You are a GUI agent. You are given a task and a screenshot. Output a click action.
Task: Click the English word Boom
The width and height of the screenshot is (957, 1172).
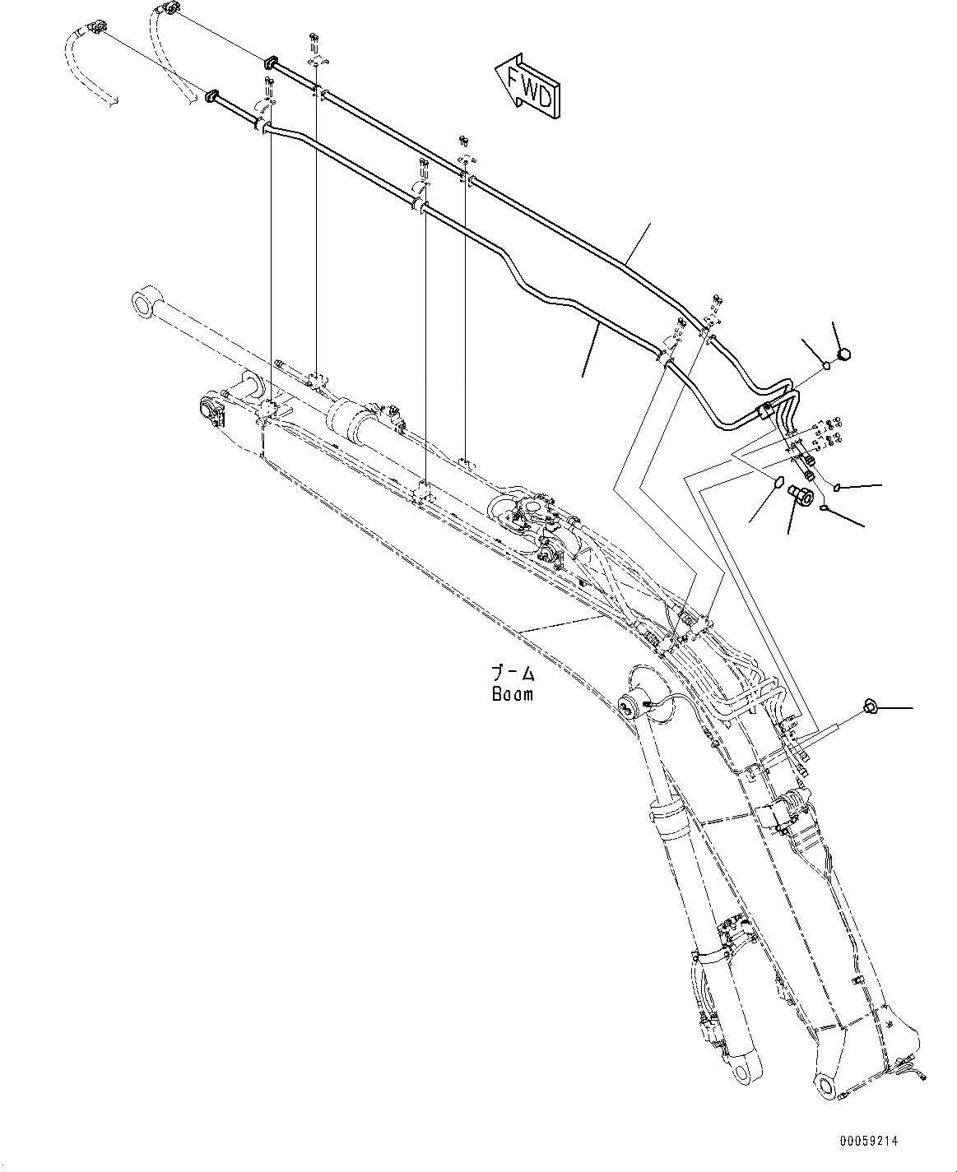[512, 693]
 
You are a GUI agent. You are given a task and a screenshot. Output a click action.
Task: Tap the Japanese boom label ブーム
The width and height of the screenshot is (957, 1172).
[512, 674]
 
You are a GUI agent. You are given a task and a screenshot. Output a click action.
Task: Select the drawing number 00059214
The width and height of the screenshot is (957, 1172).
[869, 1142]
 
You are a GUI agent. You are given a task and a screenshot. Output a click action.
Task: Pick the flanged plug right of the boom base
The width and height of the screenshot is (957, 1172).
[868, 706]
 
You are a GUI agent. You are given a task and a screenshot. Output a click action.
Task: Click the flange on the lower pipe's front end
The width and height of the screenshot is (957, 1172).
[211, 97]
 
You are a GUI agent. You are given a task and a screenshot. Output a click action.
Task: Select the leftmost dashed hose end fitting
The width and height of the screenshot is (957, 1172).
[99, 30]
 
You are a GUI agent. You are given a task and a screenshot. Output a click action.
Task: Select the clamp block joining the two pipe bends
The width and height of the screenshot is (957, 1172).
[765, 413]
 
